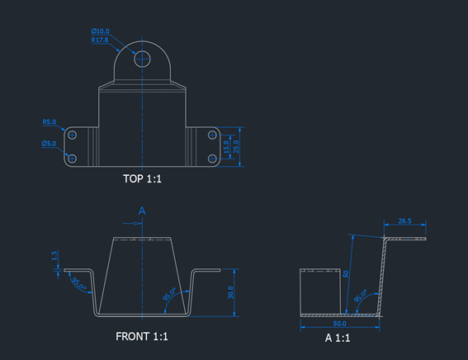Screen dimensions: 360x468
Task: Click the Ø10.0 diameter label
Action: [x=101, y=31]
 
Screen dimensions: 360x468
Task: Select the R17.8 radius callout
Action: [x=101, y=40]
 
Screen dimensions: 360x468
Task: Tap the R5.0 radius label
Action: [x=50, y=122]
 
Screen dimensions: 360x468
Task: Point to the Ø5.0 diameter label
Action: [x=50, y=143]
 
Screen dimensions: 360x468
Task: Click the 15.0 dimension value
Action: [x=227, y=148]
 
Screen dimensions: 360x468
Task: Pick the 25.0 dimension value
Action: [x=236, y=148]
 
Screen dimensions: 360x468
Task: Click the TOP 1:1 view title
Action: [x=142, y=178]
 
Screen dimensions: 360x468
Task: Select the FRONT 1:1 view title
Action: [x=142, y=337]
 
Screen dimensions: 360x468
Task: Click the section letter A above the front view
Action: [x=141, y=211]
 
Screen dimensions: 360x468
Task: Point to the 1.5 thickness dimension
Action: [x=54, y=257]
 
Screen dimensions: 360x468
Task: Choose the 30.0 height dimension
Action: [x=231, y=293]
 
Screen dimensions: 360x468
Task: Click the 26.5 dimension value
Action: [x=404, y=221]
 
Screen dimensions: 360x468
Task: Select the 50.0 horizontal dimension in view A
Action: [x=339, y=323]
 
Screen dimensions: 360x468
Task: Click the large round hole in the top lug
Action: [x=142, y=58]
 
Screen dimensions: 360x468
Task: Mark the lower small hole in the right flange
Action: [x=211, y=157]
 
